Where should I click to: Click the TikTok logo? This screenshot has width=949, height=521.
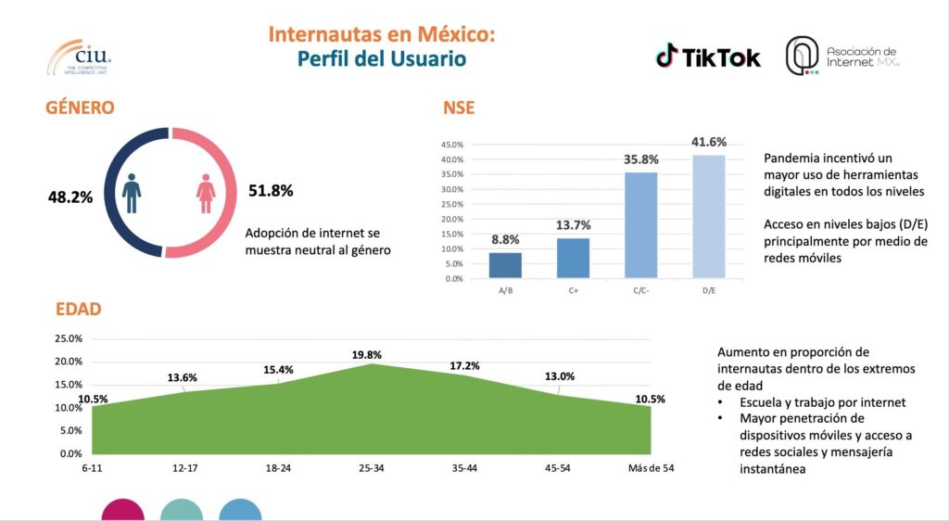pyautogui.click(x=708, y=57)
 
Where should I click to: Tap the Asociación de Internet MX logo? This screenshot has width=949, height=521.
pyautogui.click(x=842, y=57)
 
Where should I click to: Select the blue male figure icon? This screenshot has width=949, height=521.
pyautogui.click(x=133, y=192)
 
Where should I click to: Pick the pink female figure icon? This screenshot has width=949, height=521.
pyautogui.click(x=206, y=192)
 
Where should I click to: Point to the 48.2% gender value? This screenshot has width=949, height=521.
pyautogui.click(x=70, y=197)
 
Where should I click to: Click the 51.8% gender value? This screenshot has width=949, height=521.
pyautogui.click(x=271, y=191)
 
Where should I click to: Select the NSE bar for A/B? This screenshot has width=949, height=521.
pyautogui.click(x=505, y=265)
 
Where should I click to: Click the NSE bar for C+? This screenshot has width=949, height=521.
pyautogui.click(x=573, y=258)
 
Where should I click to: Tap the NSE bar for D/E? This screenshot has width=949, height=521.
pyautogui.click(x=709, y=216)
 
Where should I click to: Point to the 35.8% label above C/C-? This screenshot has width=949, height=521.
pyautogui.click(x=640, y=159)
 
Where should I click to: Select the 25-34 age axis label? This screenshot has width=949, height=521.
pyautogui.click(x=372, y=468)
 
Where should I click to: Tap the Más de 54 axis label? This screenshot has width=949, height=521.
pyautogui.click(x=651, y=468)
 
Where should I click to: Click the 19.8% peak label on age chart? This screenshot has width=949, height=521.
pyautogui.click(x=367, y=354)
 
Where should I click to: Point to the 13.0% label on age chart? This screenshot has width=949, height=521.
pyautogui.click(x=560, y=376)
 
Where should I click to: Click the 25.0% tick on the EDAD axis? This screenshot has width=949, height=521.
pyautogui.click(x=70, y=338)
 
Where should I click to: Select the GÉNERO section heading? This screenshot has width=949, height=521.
pyautogui.click(x=80, y=108)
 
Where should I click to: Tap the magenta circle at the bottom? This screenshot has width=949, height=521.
pyautogui.click(x=123, y=511)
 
